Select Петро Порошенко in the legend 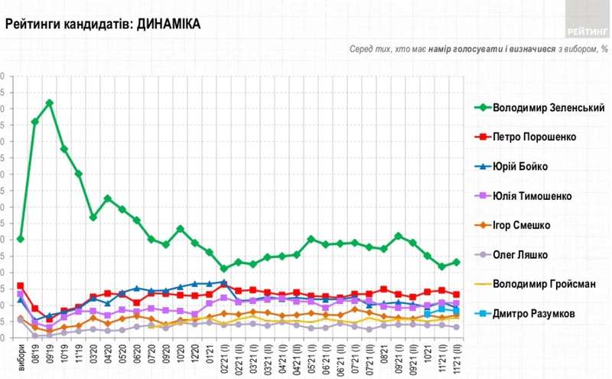tap(534, 137)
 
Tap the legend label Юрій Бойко tap(520, 166)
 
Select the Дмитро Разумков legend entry tap(539, 313)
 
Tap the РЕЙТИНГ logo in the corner tap(588, 31)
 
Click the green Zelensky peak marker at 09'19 tap(50, 103)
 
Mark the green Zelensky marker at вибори tap(21, 239)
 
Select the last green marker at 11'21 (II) tap(457, 262)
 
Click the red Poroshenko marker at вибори tap(21, 286)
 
